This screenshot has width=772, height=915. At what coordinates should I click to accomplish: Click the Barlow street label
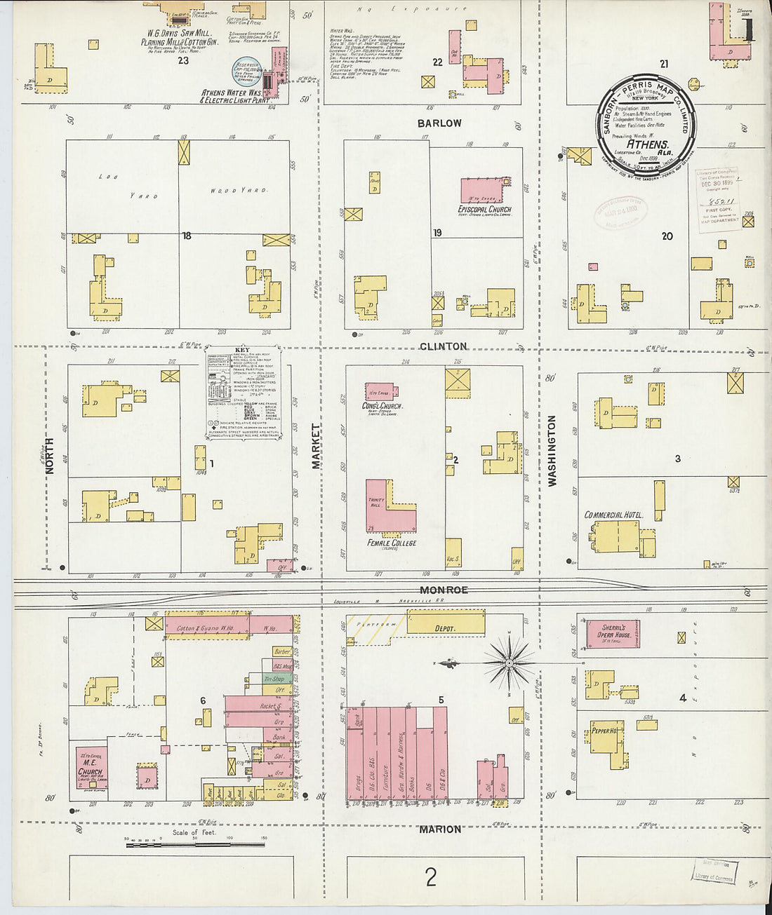click(x=440, y=123)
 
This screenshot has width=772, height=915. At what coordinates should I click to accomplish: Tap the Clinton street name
click(x=443, y=346)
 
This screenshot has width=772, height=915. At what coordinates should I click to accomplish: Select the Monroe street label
click(x=444, y=590)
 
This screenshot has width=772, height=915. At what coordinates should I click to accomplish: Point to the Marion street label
click(x=440, y=829)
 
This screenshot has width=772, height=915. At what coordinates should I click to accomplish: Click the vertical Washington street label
click(x=552, y=451)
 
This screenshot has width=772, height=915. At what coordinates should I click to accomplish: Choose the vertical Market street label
click(x=315, y=446)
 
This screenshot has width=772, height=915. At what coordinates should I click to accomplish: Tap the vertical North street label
click(x=50, y=456)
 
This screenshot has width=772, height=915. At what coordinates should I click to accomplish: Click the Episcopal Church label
click(x=484, y=210)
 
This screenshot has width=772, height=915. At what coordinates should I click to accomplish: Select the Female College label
click(x=392, y=543)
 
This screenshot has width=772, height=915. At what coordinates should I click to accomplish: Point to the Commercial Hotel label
click(x=613, y=515)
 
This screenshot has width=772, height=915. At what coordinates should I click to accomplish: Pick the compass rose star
click(x=510, y=661)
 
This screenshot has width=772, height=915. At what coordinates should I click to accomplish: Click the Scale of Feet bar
click(x=194, y=845)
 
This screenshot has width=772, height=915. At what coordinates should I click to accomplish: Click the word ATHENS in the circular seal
click(x=648, y=145)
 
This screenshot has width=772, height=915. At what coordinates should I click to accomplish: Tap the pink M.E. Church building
click(x=91, y=766)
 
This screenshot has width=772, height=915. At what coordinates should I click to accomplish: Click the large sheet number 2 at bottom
click(x=431, y=876)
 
